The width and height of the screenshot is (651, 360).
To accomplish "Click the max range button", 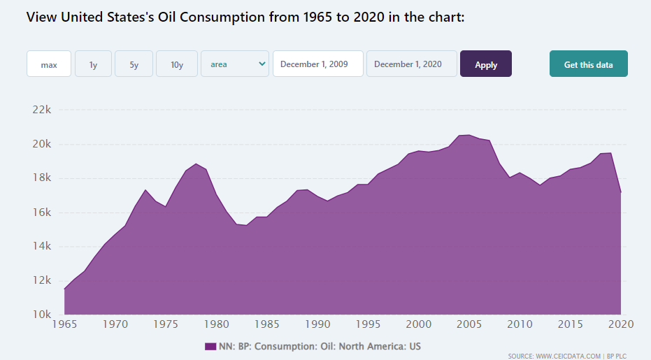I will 49,64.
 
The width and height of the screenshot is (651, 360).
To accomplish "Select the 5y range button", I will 134,64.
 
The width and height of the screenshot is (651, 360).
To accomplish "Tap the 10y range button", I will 177,64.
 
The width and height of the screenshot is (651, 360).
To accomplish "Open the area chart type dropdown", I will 235,64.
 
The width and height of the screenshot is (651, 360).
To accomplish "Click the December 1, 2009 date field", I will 318,64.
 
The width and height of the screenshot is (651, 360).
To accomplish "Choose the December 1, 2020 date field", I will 412,64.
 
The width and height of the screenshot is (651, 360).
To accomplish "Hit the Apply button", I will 486,64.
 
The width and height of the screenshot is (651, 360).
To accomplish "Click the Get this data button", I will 589,64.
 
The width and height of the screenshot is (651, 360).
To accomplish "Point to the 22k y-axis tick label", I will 42,110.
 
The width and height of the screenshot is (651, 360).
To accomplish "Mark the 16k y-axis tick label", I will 42,213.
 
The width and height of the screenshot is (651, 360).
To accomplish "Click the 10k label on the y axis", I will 42,315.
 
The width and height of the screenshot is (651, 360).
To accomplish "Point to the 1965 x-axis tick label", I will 65,324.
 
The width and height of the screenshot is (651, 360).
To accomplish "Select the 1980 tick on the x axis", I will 217,324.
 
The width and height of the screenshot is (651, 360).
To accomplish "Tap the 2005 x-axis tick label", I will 468,324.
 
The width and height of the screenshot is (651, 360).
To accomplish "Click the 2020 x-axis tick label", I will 621,324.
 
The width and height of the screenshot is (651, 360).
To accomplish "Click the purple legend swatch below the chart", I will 210,347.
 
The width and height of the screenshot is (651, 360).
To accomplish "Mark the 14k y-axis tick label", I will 42,247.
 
